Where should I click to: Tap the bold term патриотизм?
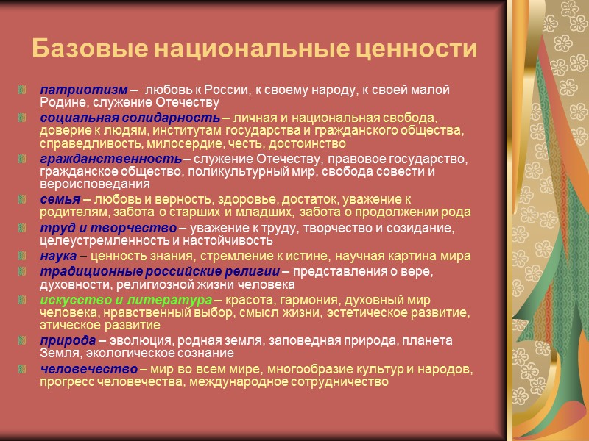tap(79, 90)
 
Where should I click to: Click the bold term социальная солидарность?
tap(130, 118)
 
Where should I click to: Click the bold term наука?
tap(58, 256)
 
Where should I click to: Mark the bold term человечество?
tap(89, 367)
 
